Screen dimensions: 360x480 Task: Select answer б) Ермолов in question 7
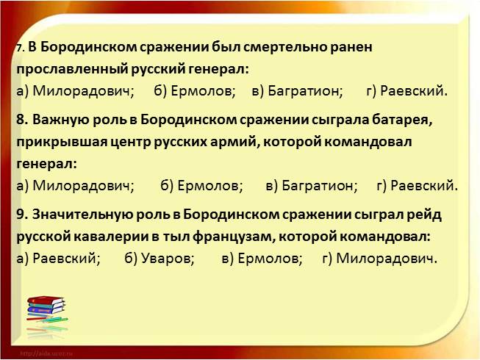pyautogui.click(x=195, y=91)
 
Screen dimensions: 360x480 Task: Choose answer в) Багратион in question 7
pyautogui.click(x=297, y=91)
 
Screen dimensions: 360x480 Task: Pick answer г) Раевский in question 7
pyautogui.click(x=406, y=91)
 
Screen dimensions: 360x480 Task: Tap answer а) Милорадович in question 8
pyautogui.click(x=74, y=186)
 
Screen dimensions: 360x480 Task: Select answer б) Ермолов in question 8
pyautogui.click(x=201, y=186)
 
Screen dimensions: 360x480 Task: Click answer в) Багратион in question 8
pyautogui.click(x=312, y=186)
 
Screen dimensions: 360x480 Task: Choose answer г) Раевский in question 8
pyautogui.click(x=417, y=186)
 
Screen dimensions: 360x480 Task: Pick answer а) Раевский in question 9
pyautogui.click(x=57, y=259)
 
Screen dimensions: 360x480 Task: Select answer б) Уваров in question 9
pyautogui.click(x=160, y=259)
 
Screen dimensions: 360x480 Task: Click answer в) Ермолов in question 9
pyautogui.click(x=262, y=259)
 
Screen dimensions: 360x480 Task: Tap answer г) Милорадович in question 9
pyautogui.click(x=380, y=259)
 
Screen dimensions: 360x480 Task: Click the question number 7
pyautogui.click(x=20, y=48)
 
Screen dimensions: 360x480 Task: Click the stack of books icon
pyautogui.click(x=45, y=312)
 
